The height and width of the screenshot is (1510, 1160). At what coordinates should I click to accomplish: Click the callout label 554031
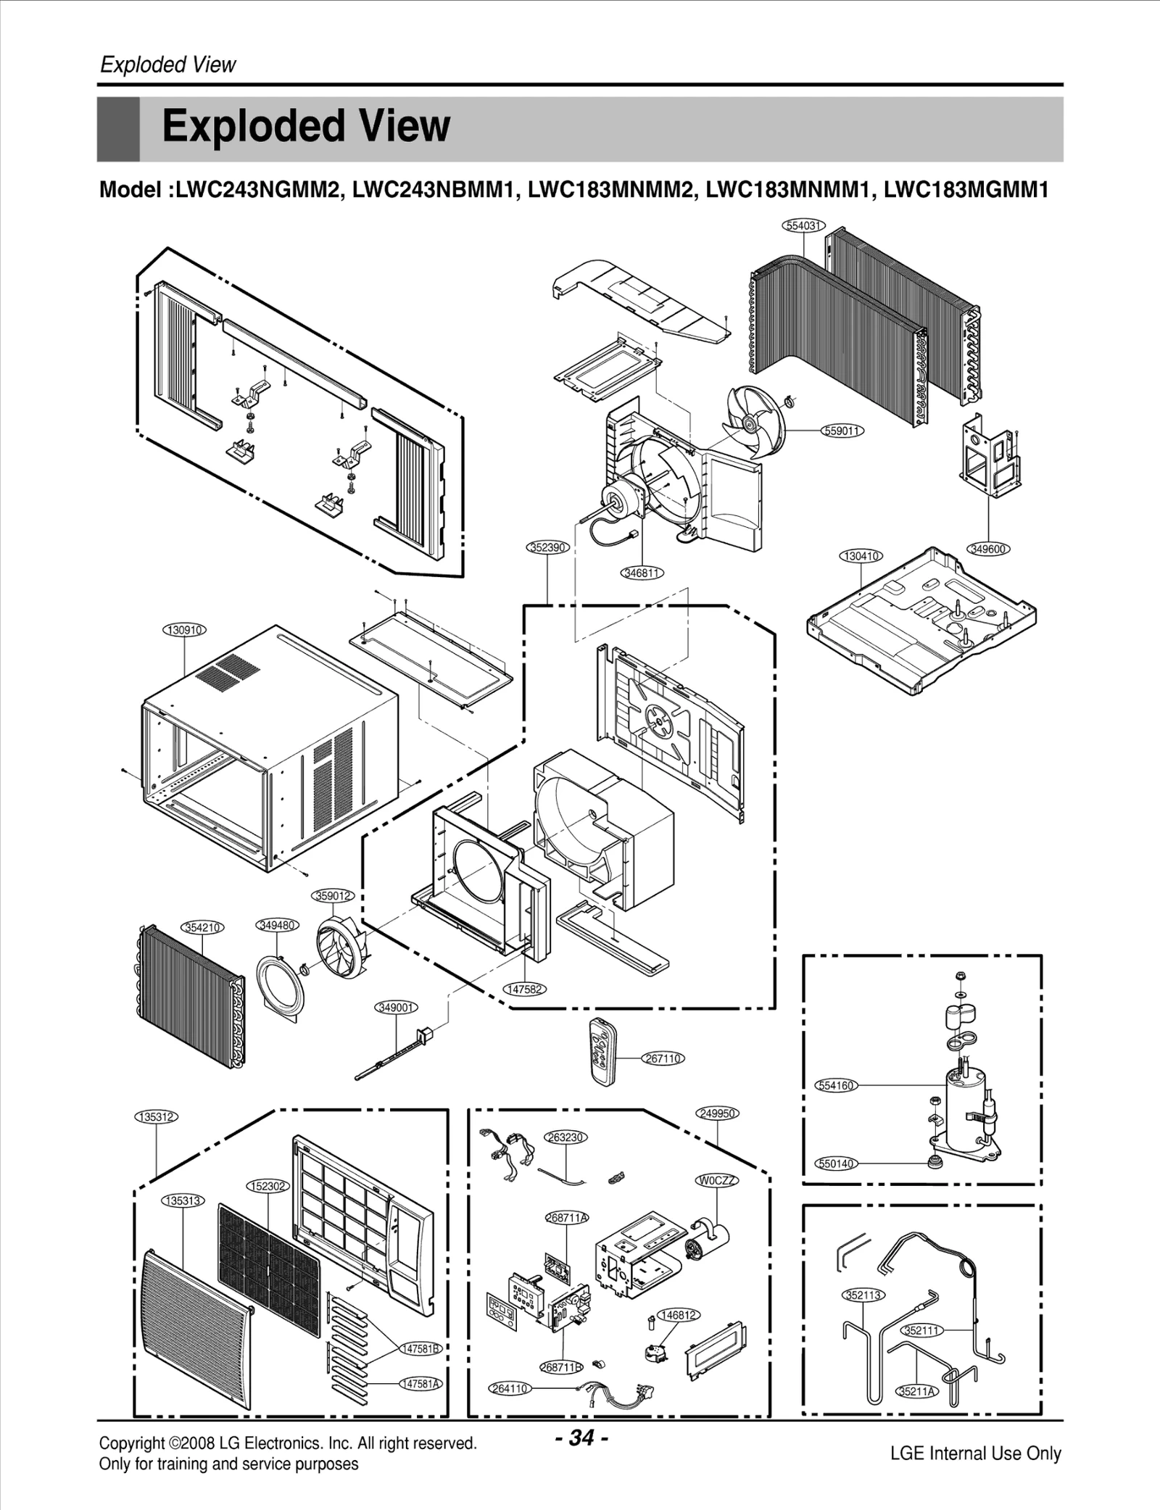[803, 225]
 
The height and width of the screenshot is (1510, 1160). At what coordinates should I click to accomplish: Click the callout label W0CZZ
[717, 1180]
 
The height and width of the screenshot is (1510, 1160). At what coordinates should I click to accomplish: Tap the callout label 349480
[278, 926]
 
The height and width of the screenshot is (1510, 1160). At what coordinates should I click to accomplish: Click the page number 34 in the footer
[581, 1437]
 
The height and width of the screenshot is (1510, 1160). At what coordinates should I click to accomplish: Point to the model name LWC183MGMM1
[966, 190]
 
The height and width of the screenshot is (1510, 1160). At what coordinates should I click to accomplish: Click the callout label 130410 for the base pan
[861, 556]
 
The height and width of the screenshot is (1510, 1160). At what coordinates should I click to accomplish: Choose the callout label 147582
[524, 990]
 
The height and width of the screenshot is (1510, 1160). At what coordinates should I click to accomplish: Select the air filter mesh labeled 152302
[268, 1272]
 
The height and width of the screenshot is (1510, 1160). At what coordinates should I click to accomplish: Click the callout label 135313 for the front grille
[183, 1200]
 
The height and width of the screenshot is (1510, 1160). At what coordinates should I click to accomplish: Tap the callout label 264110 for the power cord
[510, 1388]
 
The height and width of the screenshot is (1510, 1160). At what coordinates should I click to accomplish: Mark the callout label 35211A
[916, 1391]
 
